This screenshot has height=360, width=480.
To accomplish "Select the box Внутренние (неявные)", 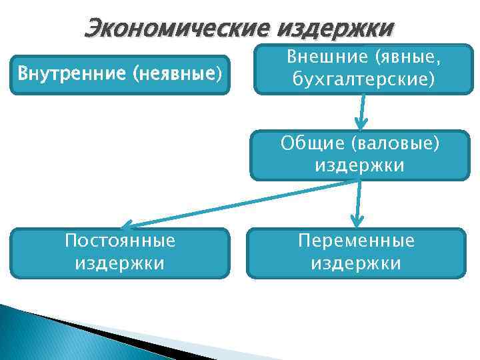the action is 120,75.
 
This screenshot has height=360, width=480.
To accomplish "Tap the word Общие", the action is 308,143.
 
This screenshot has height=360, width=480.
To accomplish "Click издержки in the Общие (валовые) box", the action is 359,165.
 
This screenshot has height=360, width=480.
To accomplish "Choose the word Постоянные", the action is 120,240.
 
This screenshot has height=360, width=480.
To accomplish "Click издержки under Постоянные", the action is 120,263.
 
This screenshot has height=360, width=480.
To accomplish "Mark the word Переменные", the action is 356,240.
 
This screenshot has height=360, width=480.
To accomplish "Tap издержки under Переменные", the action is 356,263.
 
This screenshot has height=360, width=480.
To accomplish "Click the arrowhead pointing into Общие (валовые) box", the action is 361,123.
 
